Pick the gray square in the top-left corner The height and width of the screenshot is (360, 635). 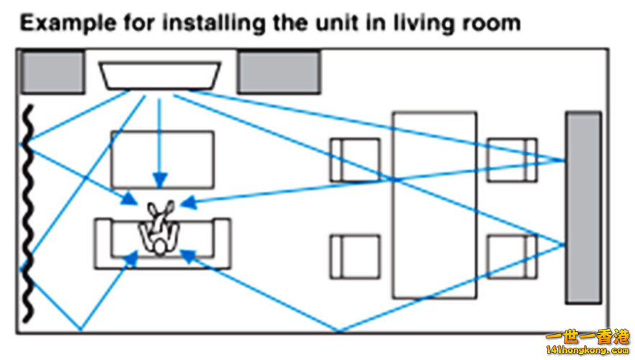pyautogui.click(x=52, y=71)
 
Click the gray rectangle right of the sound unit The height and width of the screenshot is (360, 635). pyautogui.click(x=279, y=72)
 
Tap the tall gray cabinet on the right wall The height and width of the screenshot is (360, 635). pyautogui.click(x=582, y=207)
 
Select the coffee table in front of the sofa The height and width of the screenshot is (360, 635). pyautogui.click(x=162, y=158)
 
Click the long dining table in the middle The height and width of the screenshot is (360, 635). pyautogui.click(x=434, y=204)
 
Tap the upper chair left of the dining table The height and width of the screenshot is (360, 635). pyautogui.click(x=355, y=160)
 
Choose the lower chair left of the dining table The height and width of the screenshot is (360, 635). pyautogui.click(x=355, y=256)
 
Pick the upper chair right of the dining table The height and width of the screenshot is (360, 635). pyautogui.click(x=512, y=160)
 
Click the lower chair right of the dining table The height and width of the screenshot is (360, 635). pyautogui.click(x=512, y=256)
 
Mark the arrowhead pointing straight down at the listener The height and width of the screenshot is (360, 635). pyautogui.click(x=160, y=179)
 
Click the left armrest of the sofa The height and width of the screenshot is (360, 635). pyautogui.click(x=103, y=244)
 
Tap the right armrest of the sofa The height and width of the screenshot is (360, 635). pyautogui.click(x=222, y=244)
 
